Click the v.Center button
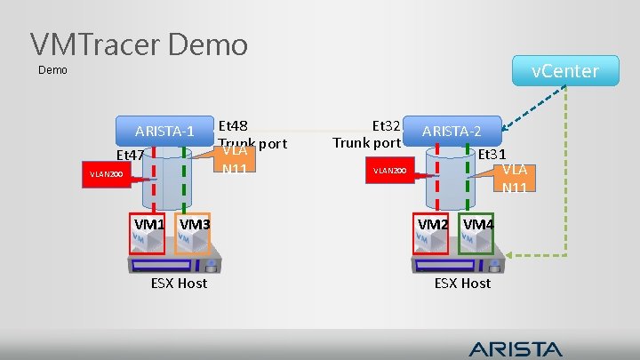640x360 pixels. [x=565, y=70]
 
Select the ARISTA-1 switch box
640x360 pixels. [x=164, y=132]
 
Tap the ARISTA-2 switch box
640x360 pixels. [x=452, y=132]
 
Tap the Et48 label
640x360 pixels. [x=233, y=125]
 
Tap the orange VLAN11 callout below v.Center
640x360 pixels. [x=514, y=178]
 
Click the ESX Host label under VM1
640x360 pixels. [x=179, y=283]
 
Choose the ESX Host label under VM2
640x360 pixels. [x=462, y=283]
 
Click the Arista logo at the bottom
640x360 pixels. [x=516, y=348]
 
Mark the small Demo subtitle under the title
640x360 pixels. [x=53, y=70]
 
